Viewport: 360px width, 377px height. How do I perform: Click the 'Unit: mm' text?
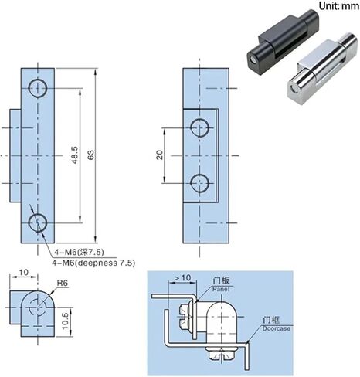click(339, 5)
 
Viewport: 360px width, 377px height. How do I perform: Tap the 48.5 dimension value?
click(75, 155)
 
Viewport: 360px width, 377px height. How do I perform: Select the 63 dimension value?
click(91, 155)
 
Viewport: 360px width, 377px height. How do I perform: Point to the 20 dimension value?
click(160, 155)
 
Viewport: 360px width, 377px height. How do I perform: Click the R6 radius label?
click(63, 284)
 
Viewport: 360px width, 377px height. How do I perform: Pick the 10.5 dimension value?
click(65, 321)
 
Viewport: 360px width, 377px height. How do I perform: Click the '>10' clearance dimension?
click(183, 278)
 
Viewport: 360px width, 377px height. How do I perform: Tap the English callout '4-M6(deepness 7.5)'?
click(93, 263)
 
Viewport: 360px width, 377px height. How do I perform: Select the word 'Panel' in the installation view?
click(221, 289)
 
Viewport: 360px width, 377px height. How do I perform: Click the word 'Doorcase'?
click(277, 328)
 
